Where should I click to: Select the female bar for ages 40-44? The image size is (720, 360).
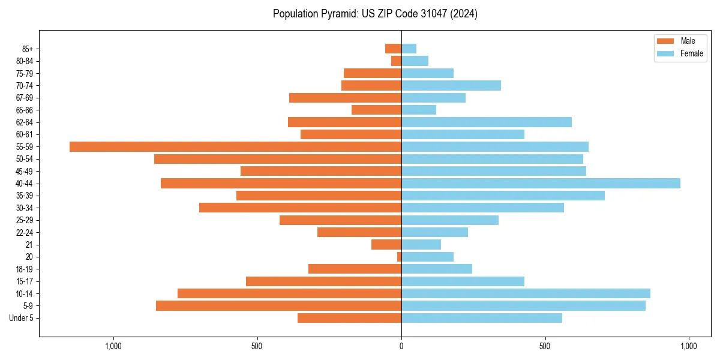(541, 183)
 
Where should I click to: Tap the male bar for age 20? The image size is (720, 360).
(399, 257)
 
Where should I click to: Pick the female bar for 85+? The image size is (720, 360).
(409, 49)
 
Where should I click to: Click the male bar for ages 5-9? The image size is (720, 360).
(278, 305)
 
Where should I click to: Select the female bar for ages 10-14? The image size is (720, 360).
(526, 293)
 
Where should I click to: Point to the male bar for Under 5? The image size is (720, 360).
(349, 318)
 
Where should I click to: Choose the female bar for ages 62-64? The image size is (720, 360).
(486, 122)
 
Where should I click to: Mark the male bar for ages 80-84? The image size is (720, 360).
(396, 61)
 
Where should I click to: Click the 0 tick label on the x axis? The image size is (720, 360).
(401, 346)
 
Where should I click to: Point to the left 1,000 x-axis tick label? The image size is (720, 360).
(113, 346)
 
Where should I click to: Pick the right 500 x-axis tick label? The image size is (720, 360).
(545, 346)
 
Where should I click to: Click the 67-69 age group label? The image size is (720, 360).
(25, 98)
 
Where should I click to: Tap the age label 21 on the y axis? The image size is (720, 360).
(29, 245)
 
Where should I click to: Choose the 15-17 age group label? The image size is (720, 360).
(25, 281)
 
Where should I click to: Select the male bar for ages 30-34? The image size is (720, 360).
(300, 208)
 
